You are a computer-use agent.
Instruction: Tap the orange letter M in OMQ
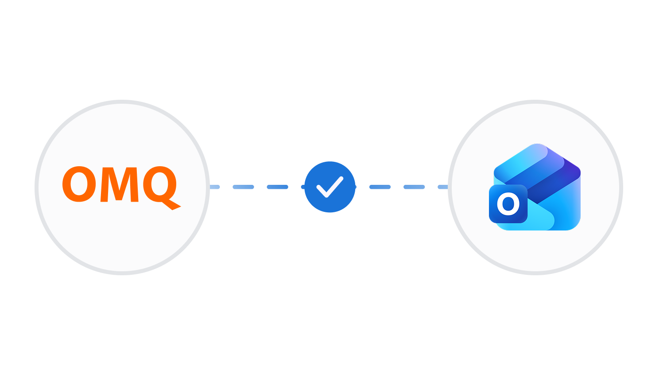pos(120,184)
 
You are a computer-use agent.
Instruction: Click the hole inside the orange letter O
pos(79,184)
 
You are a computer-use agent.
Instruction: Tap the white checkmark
pos(330,187)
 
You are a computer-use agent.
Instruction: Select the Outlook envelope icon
pos(535,187)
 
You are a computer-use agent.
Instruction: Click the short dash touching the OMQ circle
pos(215,187)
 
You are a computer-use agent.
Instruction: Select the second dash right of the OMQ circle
pos(243,187)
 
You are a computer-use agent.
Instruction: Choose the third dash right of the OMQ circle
pos(278,187)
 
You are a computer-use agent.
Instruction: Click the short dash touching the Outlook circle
pos(443,187)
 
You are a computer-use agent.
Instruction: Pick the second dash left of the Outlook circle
pos(414,187)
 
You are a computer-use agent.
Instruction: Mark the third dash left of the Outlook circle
pos(380,187)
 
